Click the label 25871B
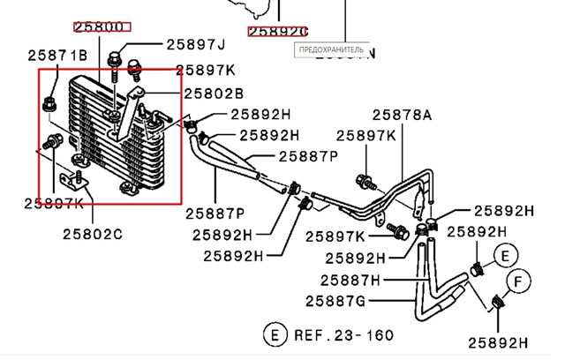56,56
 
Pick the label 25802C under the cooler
92,234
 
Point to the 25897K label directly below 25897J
205,70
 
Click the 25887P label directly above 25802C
215,213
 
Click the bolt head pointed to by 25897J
115,60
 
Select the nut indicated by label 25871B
49,107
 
